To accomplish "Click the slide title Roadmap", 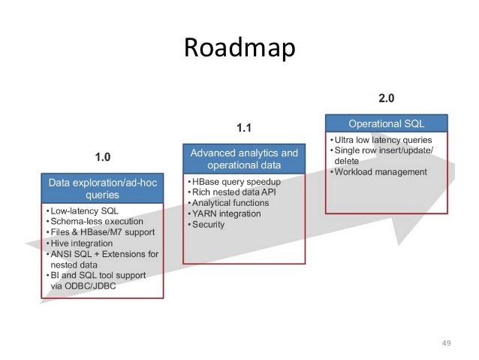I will point(239,50).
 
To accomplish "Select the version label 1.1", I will point(244,129).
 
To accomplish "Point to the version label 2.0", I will point(386,98).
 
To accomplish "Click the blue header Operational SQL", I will point(386,123).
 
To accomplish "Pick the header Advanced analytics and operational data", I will point(244,159).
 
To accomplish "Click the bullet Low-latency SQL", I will point(83,211).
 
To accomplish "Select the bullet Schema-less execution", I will point(96,222).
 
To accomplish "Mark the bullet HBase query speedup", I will point(235,183).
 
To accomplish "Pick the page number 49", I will point(446,343).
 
